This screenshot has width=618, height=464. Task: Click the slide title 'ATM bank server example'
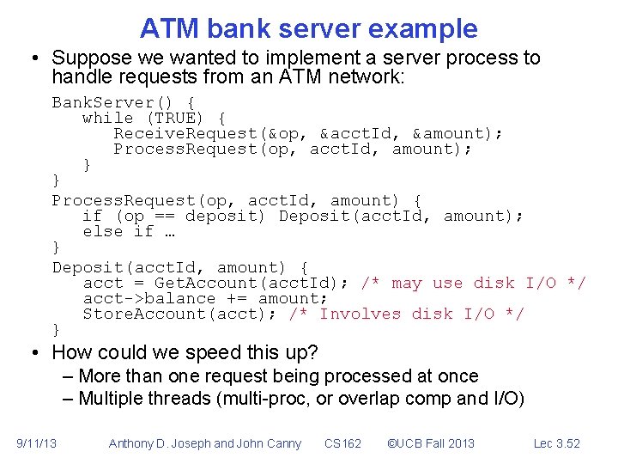(x=309, y=28)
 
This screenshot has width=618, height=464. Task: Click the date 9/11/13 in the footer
(x=37, y=443)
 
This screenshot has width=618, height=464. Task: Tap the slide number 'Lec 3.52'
(x=556, y=443)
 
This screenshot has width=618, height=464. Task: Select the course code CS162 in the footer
(x=342, y=443)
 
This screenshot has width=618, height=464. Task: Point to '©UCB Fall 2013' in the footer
(x=430, y=443)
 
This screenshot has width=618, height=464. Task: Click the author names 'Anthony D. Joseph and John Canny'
(x=205, y=443)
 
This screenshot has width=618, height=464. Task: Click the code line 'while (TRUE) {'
(x=154, y=118)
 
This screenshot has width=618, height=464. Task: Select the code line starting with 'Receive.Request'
(x=308, y=133)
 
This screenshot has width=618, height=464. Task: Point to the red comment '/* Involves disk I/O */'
(x=406, y=314)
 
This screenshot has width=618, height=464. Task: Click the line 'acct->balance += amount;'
(x=205, y=298)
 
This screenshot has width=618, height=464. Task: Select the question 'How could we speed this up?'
(x=185, y=352)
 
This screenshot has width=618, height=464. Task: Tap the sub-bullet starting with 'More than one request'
(x=277, y=375)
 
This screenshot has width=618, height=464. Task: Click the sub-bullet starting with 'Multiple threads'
(x=300, y=398)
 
